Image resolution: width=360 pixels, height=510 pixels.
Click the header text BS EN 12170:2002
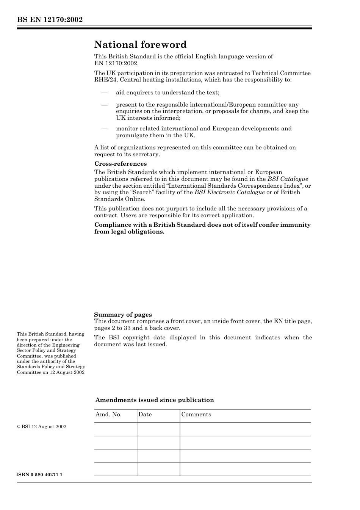[x=50, y=20]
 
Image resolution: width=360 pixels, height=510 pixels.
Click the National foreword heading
[x=140, y=45]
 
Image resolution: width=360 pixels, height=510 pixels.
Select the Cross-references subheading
[x=121, y=164]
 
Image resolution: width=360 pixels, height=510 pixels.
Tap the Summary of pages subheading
[x=123, y=314]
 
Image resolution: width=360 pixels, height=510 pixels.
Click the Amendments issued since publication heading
[x=155, y=400]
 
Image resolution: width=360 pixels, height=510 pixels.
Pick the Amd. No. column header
[x=108, y=414]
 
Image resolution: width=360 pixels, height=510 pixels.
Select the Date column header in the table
[x=145, y=414]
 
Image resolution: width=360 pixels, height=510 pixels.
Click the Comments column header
[x=196, y=414]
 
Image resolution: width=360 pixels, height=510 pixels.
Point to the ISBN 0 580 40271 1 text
[x=40, y=475]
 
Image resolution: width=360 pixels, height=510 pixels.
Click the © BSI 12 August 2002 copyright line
[x=42, y=427]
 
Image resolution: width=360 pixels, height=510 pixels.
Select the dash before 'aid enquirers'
[x=104, y=93]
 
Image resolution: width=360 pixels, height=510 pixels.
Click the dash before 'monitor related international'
[x=104, y=129]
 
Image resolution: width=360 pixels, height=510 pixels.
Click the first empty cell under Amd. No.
[x=115, y=429]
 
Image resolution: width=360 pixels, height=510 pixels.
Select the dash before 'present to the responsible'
[x=104, y=105]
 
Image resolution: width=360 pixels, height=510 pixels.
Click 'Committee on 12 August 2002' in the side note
[x=51, y=372]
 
